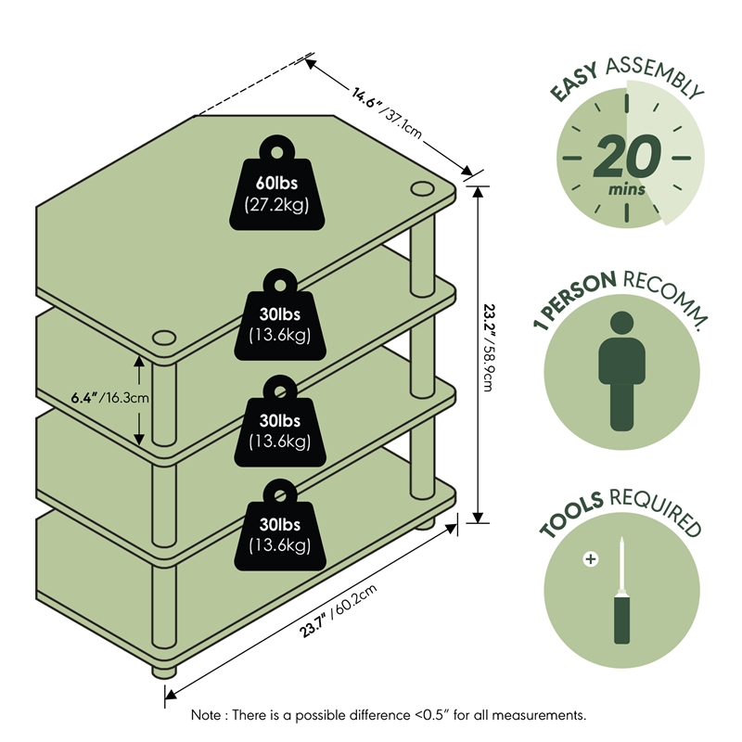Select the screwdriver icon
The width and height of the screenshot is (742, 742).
620,594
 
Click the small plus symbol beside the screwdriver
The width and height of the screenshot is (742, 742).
589,559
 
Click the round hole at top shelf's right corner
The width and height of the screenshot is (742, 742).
420,190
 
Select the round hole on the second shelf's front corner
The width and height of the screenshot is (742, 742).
165,337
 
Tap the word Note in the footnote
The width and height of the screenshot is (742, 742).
207,715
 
